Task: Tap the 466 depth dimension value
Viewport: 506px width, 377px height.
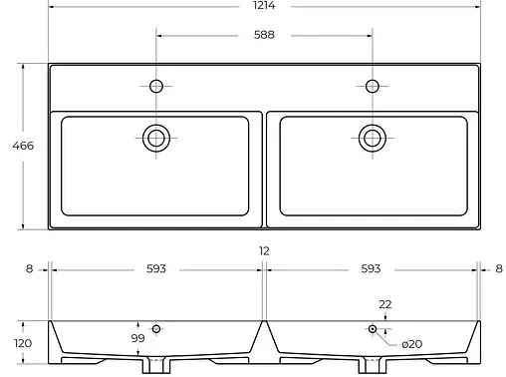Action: pos(22,146)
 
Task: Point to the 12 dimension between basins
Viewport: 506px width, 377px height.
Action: pos(264,252)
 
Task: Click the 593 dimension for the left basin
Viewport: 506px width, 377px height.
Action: pos(156,269)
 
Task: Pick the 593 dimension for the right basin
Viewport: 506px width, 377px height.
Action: pos(372,269)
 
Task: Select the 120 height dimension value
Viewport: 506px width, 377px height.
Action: pos(22,343)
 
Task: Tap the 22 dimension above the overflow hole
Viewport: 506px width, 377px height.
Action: pos(384,304)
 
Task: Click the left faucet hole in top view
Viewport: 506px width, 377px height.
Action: pos(156,86)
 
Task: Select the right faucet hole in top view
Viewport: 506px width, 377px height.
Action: pos(373,86)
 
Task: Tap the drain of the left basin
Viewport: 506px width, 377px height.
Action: pos(156,138)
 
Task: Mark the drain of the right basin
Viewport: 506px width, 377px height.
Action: pos(373,138)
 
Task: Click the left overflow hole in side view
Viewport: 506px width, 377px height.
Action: pos(156,328)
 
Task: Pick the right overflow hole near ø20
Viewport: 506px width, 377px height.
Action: pos(373,328)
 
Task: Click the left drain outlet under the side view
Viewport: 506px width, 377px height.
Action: pos(156,366)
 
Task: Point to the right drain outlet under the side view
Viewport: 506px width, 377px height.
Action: pos(373,366)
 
